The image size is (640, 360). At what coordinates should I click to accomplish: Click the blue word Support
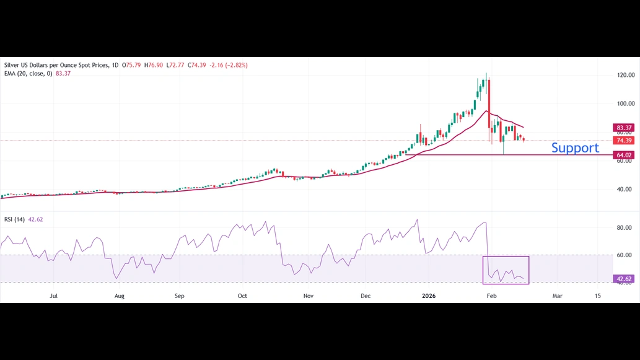click(575, 147)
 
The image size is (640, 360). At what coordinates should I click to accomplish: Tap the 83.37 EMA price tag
click(624, 128)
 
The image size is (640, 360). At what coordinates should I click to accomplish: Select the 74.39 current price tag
click(624, 141)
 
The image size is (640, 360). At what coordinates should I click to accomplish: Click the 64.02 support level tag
click(624, 155)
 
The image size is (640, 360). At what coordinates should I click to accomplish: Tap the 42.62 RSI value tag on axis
click(624, 279)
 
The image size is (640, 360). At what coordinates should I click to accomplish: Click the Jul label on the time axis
click(54, 296)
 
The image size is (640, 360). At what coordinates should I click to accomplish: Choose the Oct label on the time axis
click(242, 296)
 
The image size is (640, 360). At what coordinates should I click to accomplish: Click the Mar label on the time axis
click(557, 296)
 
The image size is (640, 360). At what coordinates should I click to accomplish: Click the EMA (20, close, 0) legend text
click(28, 73)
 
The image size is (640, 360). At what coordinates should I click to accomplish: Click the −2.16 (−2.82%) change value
click(229, 64)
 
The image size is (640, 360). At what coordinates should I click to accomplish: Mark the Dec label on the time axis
click(366, 296)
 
